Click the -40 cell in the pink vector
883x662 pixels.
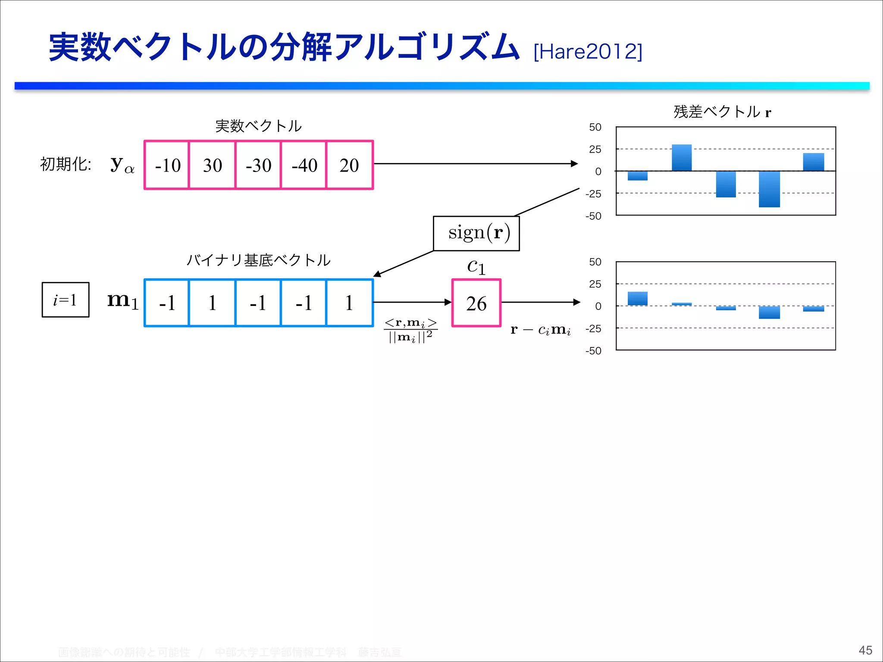point(304,165)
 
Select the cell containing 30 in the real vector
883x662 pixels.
point(213,165)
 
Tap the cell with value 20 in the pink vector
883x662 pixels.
point(349,165)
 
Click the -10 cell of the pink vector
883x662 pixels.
point(168,165)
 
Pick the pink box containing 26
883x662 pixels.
point(476,303)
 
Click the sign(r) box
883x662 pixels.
point(476,233)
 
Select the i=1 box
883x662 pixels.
point(66,300)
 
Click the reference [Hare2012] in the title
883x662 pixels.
point(588,52)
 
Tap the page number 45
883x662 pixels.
point(865,650)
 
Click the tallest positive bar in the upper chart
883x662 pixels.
point(682,158)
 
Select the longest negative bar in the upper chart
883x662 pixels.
point(769,189)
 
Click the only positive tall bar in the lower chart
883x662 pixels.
point(637,299)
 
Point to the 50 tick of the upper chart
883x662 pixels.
point(595,127)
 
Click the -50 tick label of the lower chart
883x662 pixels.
point(593,351)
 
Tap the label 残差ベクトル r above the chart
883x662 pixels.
point(722,112)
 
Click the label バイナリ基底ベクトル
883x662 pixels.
point(258,260)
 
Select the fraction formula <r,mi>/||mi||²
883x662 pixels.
point(410,330)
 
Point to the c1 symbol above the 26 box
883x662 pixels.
point(476,267)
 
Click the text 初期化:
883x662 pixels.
point(66,164)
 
